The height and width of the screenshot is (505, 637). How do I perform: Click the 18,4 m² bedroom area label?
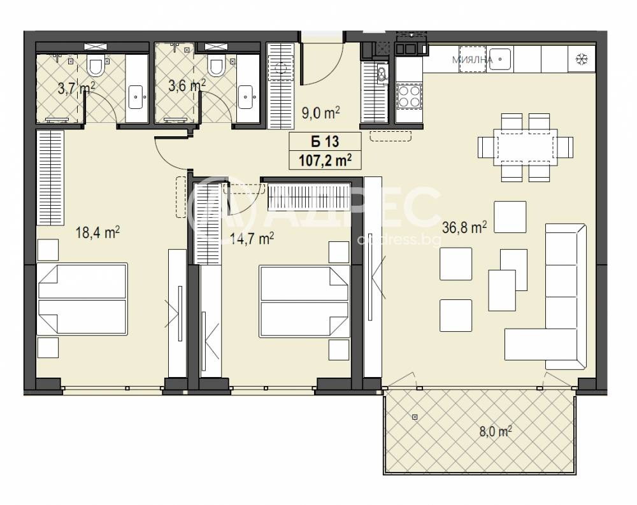(97, 233)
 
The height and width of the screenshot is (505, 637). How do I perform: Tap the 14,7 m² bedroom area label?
(252, 238)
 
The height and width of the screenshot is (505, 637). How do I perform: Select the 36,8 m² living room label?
(464, 227)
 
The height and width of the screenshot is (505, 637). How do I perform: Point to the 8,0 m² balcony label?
(495, 431)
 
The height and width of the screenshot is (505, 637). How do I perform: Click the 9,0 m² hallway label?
(320, 113)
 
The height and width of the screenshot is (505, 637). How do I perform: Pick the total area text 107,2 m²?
(325, 160)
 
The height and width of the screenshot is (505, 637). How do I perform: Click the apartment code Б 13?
(325, 141)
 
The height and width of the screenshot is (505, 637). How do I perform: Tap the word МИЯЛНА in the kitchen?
(472, 60)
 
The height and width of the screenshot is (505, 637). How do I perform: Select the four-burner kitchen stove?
(409, 96)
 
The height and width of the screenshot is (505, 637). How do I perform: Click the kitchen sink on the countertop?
(499, 59)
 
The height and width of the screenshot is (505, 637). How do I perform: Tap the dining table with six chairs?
(526, 147)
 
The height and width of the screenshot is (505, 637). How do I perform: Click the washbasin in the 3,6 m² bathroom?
(245, 97)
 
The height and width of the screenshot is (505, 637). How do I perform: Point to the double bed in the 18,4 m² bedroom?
(82, 299)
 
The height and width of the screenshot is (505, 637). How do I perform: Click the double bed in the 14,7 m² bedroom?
(304, 301)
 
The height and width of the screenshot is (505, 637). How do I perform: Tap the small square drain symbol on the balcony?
(415, 417)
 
